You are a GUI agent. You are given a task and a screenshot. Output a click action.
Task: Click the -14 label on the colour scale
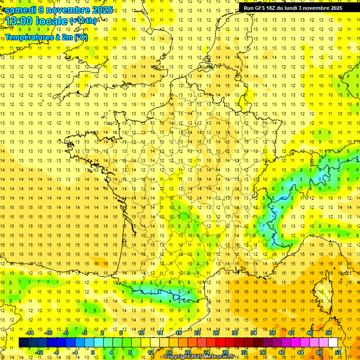pos(30,333)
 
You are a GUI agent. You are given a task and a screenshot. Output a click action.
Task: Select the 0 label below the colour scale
pos(93,352)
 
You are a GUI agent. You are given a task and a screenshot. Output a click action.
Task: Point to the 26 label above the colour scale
pos(216,333)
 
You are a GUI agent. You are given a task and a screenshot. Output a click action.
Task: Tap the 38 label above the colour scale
pos(272,333)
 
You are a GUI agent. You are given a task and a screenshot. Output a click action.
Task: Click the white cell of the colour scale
pos(333,342)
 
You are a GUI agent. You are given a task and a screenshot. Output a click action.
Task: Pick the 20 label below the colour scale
pos(187,352)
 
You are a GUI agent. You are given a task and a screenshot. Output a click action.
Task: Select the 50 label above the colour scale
pos(329,333)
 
